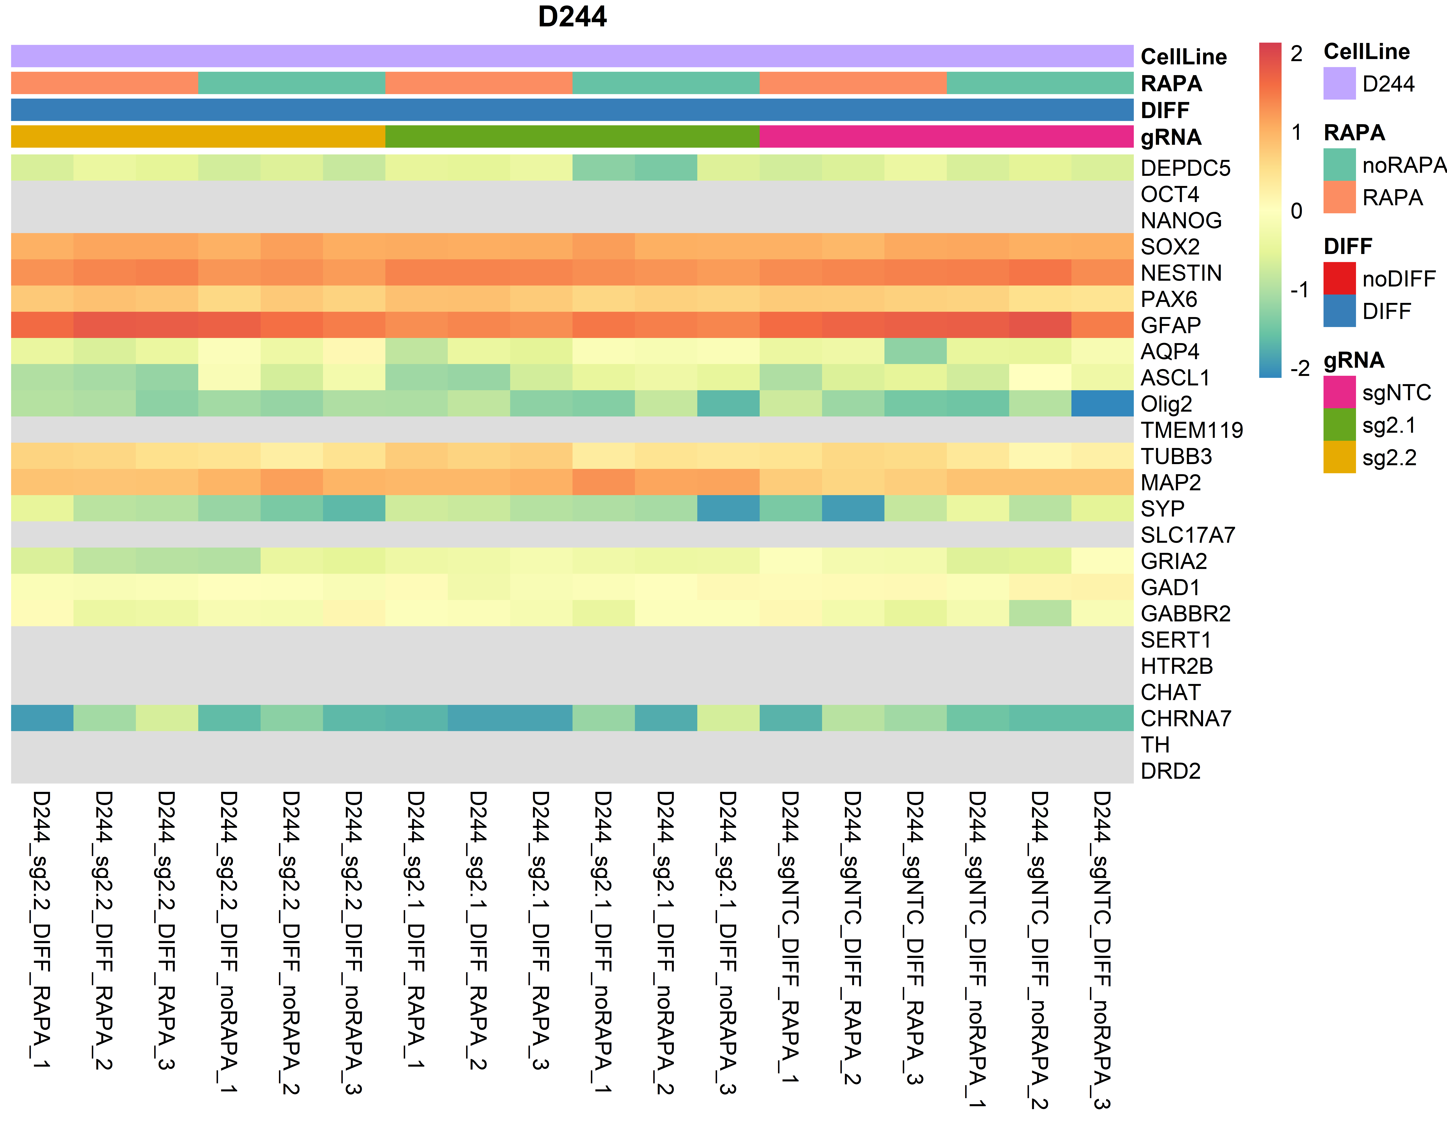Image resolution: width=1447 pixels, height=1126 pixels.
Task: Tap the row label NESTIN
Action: tap(1181, 273)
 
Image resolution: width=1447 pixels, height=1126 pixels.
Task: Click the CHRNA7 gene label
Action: tap(1185, 718)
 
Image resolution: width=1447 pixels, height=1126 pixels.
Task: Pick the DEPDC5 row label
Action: tap(1185, 168)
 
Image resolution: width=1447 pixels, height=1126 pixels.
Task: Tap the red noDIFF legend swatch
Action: tap(1339, 278)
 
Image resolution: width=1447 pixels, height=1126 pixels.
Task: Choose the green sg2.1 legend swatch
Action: tap(1339, 425)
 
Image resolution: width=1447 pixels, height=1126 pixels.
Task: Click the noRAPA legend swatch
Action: tap(1339, 164)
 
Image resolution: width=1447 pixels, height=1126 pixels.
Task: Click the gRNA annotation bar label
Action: tap(1171, 137)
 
